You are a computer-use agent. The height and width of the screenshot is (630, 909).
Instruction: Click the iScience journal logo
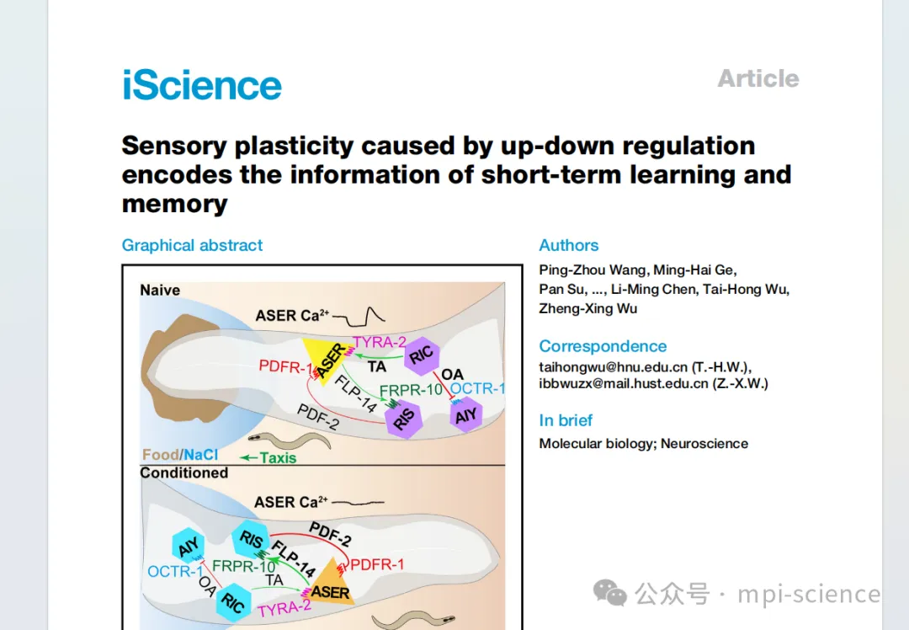click(202, 85)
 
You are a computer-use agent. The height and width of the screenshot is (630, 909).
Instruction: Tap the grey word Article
click(757, 78)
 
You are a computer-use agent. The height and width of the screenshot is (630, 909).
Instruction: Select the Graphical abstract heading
click(192, 245)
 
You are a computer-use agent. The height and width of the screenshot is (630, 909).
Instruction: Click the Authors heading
click(569, 245)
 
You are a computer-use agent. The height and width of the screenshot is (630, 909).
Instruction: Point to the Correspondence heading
click(603, 346)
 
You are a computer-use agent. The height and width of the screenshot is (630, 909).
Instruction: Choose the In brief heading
click(566, 420)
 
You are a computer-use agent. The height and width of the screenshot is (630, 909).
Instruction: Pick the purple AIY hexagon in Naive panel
click(465, 414)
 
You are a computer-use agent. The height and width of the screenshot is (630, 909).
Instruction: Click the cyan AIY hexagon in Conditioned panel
click(188, 546)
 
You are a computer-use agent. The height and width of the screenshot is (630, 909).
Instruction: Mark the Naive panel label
click(160, 290)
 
